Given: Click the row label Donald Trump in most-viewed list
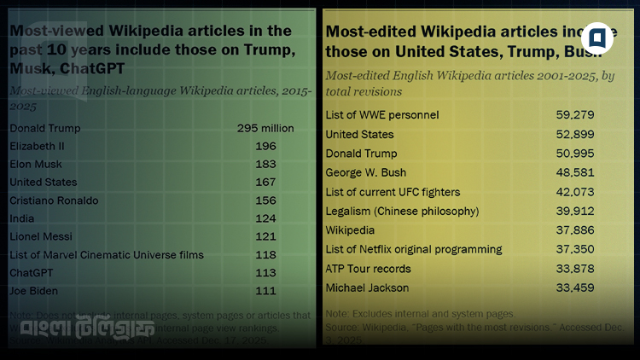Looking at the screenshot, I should click(44, 129).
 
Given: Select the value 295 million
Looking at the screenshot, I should click(265, 129).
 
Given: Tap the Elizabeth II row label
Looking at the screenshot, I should click(37, 147).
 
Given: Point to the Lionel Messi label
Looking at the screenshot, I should click(40, 236).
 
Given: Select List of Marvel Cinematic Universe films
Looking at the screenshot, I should click(106, 254).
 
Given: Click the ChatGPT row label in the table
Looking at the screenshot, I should click(32, 272).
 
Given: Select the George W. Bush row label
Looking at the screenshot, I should click(365, 172).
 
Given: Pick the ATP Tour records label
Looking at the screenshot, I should click(368, 269).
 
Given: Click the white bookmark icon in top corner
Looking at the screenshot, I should click(597, 38).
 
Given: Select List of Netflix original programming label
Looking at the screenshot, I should click(414, 249).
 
